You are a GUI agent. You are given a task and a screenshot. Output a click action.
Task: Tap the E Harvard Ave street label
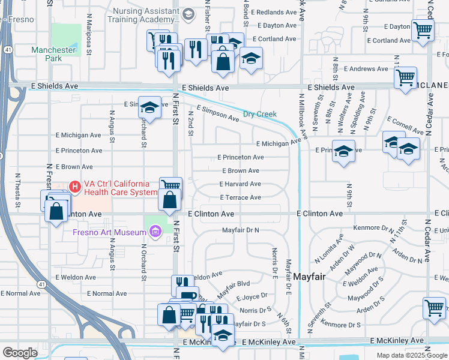coord(240,184)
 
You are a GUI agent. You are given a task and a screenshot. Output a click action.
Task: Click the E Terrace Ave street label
coord(240,197)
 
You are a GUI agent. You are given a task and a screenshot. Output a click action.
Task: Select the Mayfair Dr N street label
coord(240,230)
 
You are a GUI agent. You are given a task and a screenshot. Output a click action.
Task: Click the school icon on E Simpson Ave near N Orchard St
coord(149,107)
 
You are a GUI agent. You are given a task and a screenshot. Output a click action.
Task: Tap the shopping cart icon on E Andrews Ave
coord(406,77)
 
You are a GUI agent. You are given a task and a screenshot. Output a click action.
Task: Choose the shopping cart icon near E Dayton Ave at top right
coord(423,29)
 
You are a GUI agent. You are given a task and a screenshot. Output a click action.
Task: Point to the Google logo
coord(20,353)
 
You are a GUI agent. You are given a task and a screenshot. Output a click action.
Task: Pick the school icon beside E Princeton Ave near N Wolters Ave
coord(344,151)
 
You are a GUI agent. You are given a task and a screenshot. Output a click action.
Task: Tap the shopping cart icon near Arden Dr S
coord(434,308)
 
